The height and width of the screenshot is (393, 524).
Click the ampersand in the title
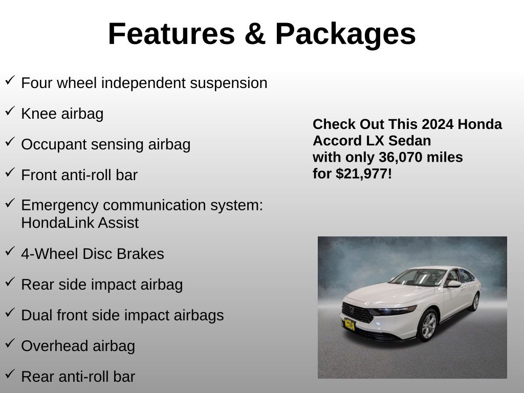click(x=255, y=34)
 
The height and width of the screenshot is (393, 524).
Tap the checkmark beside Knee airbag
click(x=10, y=111)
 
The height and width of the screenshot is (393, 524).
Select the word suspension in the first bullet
click(x=229, y=83)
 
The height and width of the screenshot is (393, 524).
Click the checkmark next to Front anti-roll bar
click(x=10, y=172)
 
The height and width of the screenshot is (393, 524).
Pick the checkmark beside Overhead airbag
click(x=10, y=343)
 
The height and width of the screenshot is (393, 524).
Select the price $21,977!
click(x=364, y=174)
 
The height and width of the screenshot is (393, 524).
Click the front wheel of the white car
click(x=428, y=325)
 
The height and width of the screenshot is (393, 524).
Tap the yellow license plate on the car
click(x=350, y=324)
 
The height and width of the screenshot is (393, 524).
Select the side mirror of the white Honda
click(x=454, y=284)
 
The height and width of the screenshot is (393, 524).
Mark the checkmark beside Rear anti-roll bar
click(x=10, y=374)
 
